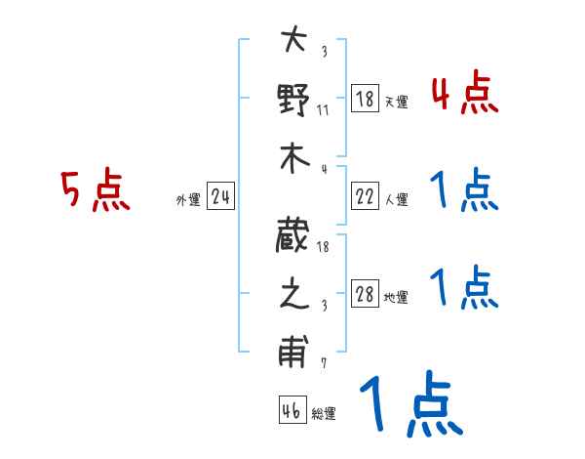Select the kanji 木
click(293, 158)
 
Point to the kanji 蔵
click(293, 236)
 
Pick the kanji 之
click(293, 295)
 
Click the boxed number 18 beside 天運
click(364, 99)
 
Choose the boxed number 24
click(221, 197)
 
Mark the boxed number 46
click(291, 411)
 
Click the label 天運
click(396, 102)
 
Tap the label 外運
click(187, 200)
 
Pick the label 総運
click(324, 414)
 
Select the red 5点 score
click(95, 190)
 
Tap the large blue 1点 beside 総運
click(409, 404)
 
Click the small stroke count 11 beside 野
click(324, 109)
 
